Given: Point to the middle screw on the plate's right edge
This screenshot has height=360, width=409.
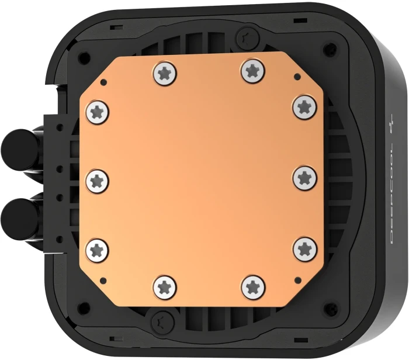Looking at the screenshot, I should tap(304, 177).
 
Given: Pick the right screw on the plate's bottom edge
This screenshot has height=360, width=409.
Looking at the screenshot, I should tap(252, 286).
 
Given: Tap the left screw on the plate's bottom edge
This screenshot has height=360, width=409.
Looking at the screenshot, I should tap(164, 286).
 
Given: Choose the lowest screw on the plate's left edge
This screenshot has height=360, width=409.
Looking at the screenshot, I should tap(98, 250).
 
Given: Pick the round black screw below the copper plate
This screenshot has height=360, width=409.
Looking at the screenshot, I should tap(158, 321).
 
